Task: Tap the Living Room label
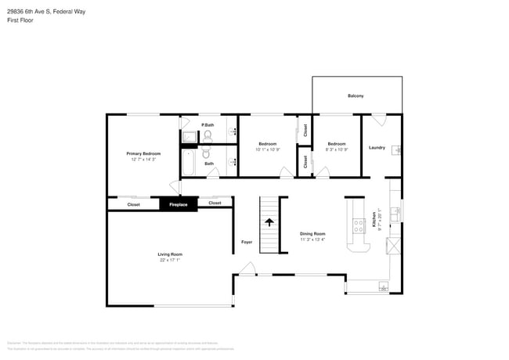coord(170,254)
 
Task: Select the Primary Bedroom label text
coord(143,153)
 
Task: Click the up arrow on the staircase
coord(269,222)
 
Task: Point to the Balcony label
coord(356,96)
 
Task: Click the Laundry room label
coord(377,147)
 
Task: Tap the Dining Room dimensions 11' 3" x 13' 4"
coord(312,239)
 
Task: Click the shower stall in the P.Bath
coord(190,138)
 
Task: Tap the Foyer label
coord(246,242)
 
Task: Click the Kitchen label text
coord(375,223)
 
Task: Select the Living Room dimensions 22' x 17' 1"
coord(170,260)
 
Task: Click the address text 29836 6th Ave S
coord(34,10)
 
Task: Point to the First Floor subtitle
coord(20,20)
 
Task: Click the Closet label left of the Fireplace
coord(134,204)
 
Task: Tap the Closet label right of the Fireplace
coord(215,203)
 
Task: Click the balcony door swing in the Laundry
coord(378,120)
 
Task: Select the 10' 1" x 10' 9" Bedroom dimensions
coord(269,149)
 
